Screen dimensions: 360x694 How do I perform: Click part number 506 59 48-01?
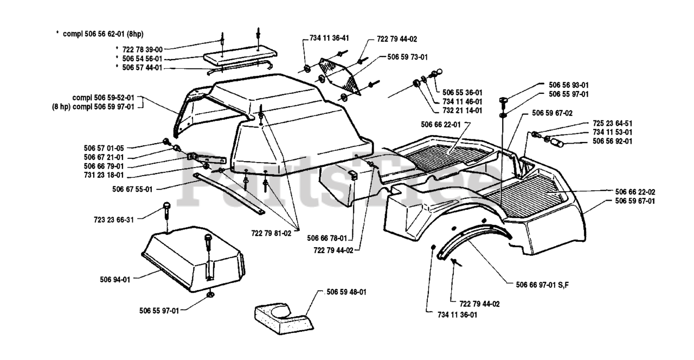click(346, 292)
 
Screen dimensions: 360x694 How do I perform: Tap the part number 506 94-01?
click(115, 280)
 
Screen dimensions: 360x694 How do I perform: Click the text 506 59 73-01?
click(407, 56)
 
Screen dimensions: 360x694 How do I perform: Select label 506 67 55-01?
click(133, 189)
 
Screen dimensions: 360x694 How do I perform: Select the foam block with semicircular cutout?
click(284, 318)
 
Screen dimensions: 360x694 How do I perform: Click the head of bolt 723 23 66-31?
click(167, 207)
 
